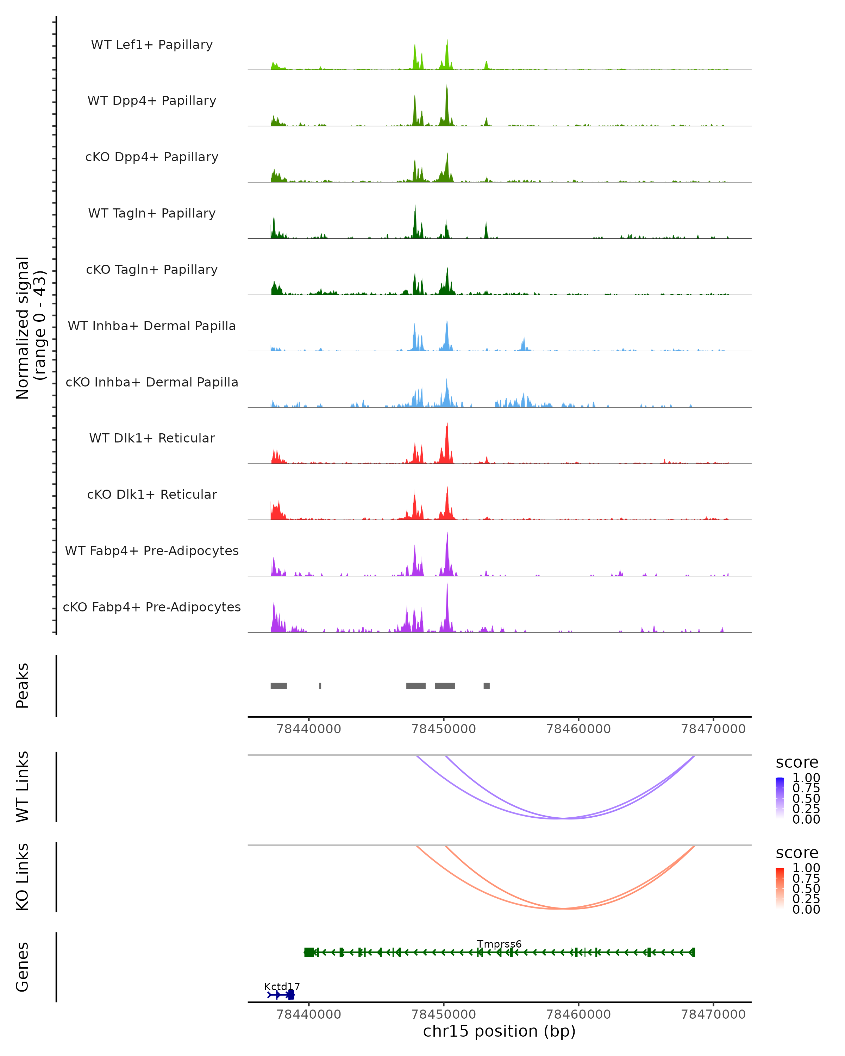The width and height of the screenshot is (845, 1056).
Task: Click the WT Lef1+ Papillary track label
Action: click(x=152, y=45)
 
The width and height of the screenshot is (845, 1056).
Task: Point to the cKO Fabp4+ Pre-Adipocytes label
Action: click(x=152, y=607)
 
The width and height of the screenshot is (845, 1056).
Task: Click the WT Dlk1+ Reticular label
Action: click(x=152, y=438)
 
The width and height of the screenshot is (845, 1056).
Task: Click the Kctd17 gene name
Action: click(x=282, y=986)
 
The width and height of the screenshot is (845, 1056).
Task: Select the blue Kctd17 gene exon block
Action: click(x=291, y=995)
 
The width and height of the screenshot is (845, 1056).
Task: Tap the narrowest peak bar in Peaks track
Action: click(x=320, y=686)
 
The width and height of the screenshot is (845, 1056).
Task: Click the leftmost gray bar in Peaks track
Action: click(x=279, y=686)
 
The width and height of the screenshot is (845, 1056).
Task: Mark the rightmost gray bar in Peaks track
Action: click(x=487, y=686)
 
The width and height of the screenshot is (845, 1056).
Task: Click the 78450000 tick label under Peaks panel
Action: click(x=443, y=729)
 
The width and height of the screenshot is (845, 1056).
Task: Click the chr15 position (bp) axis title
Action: click(x=499, y=1031)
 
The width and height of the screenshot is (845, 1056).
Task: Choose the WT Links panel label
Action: click(x=23, y=787)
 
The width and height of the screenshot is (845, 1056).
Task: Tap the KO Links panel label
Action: click(x=23, y=877)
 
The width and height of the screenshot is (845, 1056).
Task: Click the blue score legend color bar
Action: click(x=780, y=798)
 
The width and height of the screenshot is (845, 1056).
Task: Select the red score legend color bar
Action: click(x=780, y=888)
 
